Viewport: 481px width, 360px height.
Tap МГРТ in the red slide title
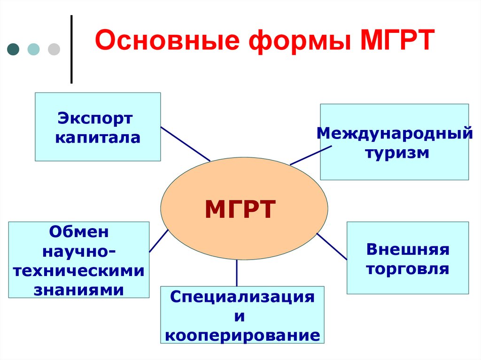pos(396,41)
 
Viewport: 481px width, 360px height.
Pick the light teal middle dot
pos(34,49)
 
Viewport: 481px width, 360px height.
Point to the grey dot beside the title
pos(54,49)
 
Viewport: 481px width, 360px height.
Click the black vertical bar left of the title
pos(71,49)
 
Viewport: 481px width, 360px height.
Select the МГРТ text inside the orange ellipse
pos(240,209)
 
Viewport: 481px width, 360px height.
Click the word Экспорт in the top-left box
pos(95,118)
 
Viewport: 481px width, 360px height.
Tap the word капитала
pos(97,138)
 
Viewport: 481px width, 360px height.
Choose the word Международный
pos(395,133)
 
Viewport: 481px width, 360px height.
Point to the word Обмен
pos(79,231)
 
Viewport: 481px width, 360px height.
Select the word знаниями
pos(79,290)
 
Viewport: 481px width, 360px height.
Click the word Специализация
pos(242,297)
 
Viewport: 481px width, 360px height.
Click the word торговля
pos(408,269)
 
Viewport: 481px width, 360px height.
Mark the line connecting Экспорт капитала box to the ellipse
pos(185,144)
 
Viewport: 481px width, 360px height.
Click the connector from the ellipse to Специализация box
pos(237,273)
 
